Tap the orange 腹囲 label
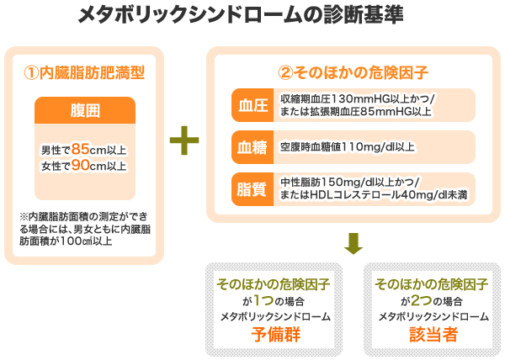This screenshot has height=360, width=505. tap(84, 111)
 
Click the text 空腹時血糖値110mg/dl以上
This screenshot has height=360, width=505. tap(347, 147)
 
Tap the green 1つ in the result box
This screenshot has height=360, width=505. tap(268, 300)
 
